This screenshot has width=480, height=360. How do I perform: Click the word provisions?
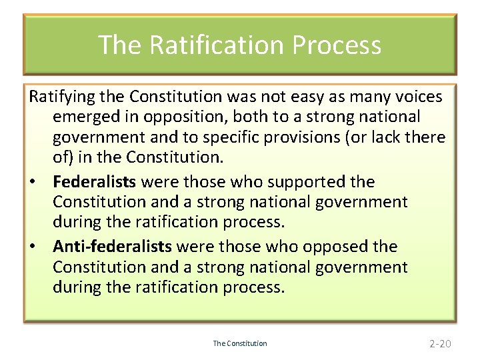[x=323, y=137]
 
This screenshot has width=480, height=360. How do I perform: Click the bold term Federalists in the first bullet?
[x=94, y=181]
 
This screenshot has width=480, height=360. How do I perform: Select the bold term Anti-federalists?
[x=112, y=247]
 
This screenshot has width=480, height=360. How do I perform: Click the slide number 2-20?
[x=440, y=344]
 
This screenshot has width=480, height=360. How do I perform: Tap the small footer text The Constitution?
[x=240, y=344]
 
